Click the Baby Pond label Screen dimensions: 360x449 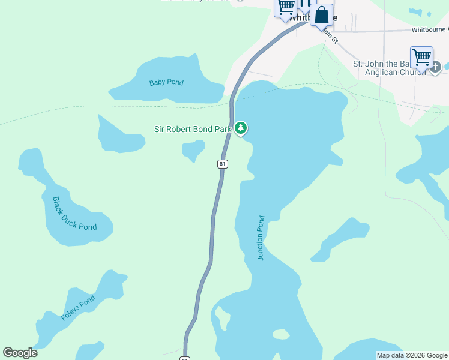[166, 82]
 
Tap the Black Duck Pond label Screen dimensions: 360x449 [74, 214]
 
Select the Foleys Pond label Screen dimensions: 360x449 [78, 308]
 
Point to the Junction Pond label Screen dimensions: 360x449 [261, 238]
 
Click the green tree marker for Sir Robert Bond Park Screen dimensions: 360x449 [241, 128]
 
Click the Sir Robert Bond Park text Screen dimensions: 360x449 [192, 128]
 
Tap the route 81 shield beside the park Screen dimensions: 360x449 [222, 164]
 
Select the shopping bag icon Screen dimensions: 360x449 [322, 15]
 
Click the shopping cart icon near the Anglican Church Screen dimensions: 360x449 [421, 58]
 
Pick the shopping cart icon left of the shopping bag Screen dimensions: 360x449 [286, 7]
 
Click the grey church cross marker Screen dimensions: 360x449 [436, 66]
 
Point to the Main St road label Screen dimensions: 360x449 [330, 36]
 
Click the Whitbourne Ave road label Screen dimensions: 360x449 [430, 29]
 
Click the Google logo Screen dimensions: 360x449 [20, 353]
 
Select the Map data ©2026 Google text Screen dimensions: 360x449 [412, 355]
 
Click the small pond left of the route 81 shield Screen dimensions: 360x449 [194, 149]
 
